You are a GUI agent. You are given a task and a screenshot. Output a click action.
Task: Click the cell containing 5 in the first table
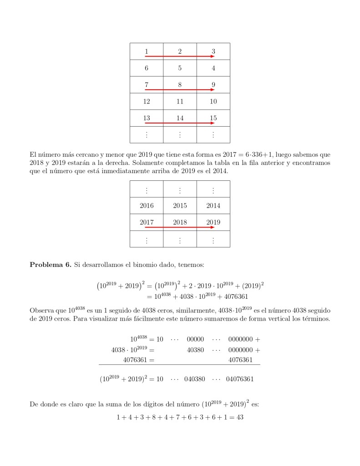180,68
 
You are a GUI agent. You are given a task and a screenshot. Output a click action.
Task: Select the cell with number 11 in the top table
180,101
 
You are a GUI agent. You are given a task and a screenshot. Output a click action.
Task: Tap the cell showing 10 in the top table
213,101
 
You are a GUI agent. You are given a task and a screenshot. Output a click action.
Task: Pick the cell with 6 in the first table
147,68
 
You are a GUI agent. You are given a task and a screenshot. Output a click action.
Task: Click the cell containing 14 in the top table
180,118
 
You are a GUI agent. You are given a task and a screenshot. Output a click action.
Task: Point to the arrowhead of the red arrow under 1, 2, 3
213,56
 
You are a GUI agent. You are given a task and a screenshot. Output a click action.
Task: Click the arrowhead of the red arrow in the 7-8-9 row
213,90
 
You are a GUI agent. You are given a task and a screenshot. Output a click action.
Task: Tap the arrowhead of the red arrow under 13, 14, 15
213,123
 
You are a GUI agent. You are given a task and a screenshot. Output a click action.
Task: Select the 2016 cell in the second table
147,205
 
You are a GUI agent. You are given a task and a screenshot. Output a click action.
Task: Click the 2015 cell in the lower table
180,205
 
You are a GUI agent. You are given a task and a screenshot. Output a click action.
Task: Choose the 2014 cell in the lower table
213,205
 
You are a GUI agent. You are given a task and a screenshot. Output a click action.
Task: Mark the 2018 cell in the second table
180,222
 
